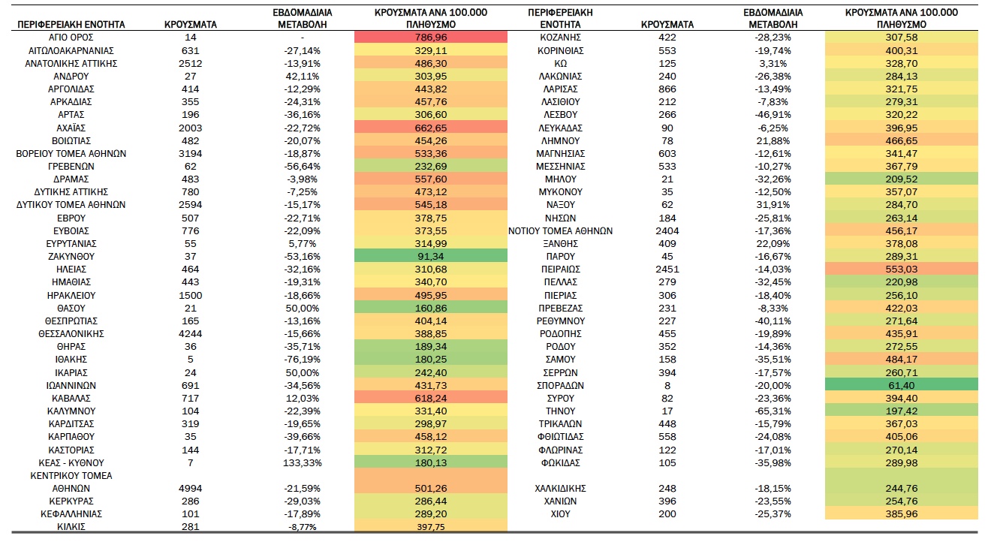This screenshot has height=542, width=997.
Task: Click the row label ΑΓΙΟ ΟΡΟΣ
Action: (71, 38)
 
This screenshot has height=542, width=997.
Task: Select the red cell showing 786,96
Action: (431, 38)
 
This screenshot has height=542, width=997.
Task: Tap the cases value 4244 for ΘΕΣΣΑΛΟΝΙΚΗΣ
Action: (191, 334)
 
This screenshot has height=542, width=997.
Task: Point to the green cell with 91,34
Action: (431, 256)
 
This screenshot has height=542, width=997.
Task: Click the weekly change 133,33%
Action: (303, 462)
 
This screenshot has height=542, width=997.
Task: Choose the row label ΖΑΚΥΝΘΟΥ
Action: (71, 256)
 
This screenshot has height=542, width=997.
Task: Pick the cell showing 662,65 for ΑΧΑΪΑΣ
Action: (431, 128)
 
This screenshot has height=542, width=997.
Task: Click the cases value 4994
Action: (191, 488)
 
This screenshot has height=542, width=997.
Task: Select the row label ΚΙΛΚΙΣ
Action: (71, 527)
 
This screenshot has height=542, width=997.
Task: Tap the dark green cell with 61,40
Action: (902, 385)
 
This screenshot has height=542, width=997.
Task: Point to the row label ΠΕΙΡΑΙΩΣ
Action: (560, 269)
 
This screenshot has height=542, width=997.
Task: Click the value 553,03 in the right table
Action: (902, 269)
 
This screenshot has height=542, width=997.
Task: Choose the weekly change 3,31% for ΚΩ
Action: (773, 64)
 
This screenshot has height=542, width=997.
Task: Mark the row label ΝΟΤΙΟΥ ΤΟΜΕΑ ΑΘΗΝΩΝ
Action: (560, 231)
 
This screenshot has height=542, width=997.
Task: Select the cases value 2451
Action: (667, 269)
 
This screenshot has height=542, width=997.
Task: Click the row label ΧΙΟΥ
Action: (560, 514)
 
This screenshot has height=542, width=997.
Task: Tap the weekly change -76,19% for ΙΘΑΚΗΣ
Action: (303, 359)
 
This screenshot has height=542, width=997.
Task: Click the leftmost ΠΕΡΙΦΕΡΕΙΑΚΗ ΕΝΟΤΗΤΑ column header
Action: (71, 25)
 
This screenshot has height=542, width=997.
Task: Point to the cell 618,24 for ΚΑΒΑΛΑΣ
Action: (431, 398)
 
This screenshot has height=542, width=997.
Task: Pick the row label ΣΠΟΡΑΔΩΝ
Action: (560, 385)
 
